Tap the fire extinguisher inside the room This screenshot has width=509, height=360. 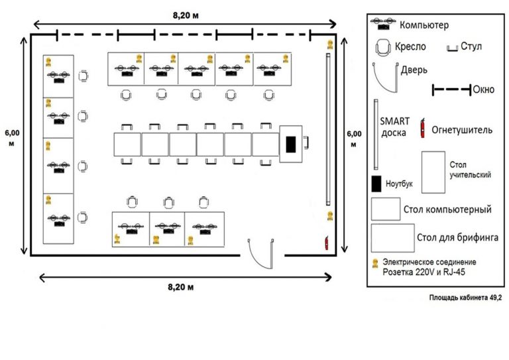tap(326, 242)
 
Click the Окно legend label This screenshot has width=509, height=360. tap(484, 89)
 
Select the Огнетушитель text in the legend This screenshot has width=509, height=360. tap(462, 130)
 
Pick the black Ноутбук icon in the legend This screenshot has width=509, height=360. tap(376, 182)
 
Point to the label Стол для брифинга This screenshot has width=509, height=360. tap(457, 237)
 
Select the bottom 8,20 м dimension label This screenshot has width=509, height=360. tap(181, 286)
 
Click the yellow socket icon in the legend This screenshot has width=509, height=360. tap(374, 263)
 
